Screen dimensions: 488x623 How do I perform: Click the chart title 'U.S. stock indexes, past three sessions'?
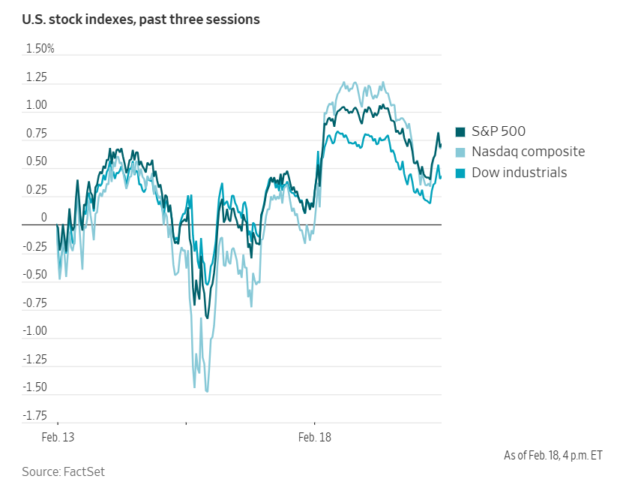141,20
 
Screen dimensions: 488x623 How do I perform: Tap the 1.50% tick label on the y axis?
40,49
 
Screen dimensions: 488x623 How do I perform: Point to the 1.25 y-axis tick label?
37,77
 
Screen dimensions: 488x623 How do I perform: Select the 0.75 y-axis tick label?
37,134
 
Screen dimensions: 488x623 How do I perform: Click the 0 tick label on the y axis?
44,218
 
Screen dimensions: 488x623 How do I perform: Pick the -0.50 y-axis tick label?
35,275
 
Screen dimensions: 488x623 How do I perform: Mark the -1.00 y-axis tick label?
35,331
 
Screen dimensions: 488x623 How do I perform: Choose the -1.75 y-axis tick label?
35,416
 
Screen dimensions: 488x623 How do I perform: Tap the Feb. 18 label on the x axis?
314,436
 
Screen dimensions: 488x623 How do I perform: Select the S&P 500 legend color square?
460,132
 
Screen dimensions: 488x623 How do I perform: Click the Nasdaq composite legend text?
529,152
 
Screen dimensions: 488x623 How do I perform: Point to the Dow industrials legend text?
520,173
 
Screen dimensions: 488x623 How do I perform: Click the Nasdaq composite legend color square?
460,152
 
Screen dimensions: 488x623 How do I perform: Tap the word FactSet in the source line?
84,471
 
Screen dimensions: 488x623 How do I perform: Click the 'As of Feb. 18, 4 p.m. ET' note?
553,455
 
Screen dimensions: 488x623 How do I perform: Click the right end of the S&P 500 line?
441,145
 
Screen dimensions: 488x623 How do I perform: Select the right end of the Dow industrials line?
441,177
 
